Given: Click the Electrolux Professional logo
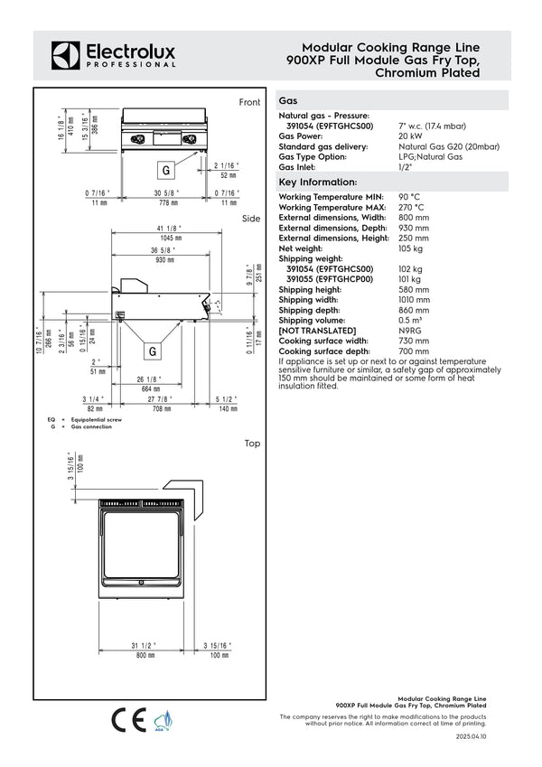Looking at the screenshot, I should coord(113,55).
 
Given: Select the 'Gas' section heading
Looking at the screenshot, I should coord(289,102).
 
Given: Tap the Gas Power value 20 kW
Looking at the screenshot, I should coord(411,136).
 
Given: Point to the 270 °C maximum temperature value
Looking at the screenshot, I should coord(411,207).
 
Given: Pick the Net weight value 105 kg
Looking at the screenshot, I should coord(411,248).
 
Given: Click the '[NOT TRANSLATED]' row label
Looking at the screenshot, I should coord(317,331).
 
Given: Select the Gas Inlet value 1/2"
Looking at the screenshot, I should coord(405,167).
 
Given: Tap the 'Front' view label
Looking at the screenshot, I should coord(249,103).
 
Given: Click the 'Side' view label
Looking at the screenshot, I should coord(251,220).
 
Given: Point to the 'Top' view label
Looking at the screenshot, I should coord(252,444).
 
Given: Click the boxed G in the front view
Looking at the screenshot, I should coord(165,170).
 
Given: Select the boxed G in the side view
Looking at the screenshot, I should coord(153,351).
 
